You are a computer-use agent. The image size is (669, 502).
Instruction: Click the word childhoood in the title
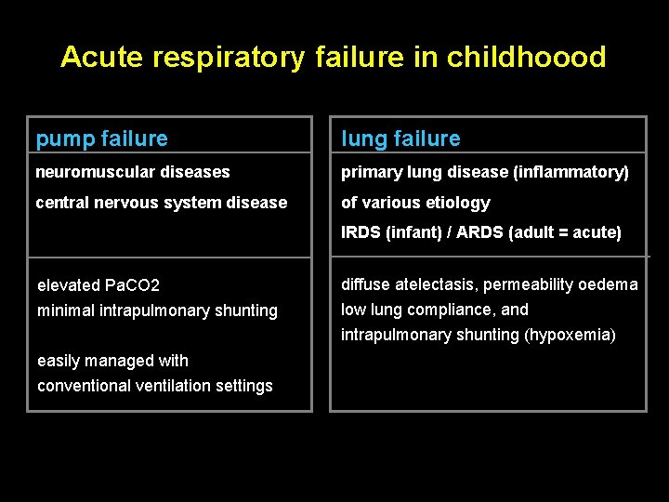526,58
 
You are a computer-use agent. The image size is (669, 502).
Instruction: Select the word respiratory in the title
229,58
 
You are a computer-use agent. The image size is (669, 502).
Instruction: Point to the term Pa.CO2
131,285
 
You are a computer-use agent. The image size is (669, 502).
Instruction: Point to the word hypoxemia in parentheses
570,335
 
